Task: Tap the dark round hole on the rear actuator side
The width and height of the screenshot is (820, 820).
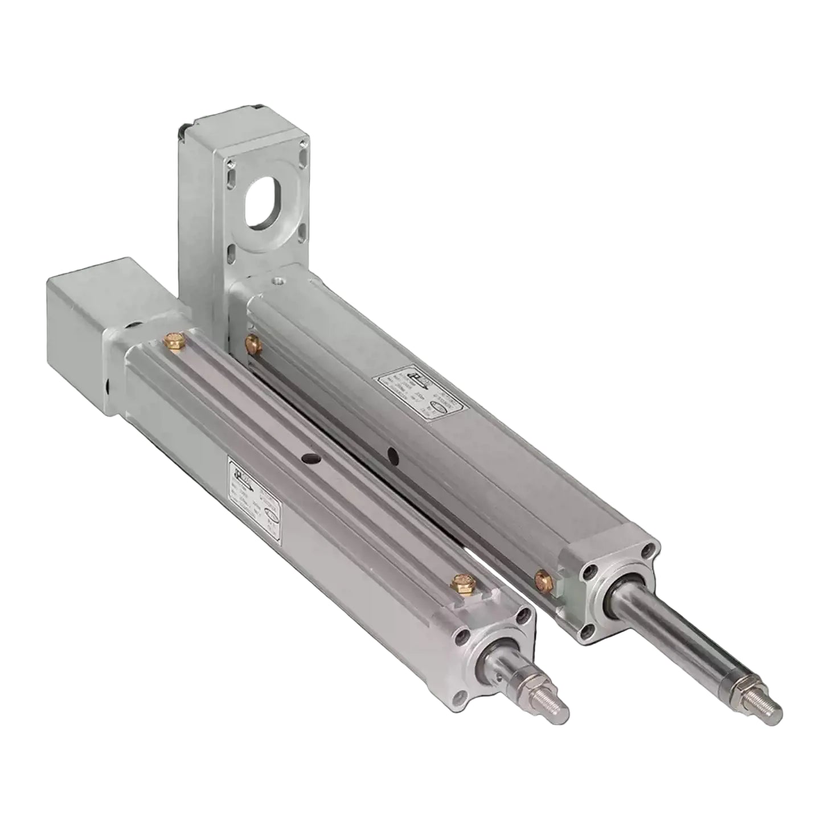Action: point(392,455)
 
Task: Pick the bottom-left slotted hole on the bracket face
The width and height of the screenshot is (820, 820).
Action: point(231,250)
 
